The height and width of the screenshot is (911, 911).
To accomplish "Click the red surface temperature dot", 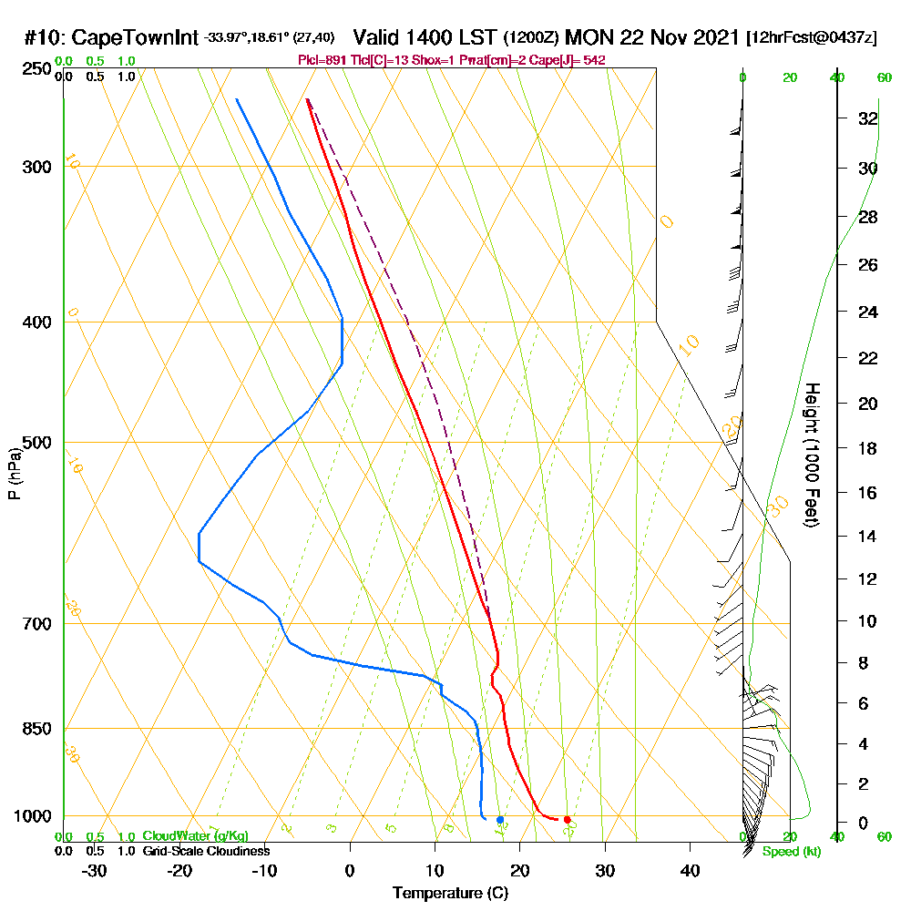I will [x=567, y=820].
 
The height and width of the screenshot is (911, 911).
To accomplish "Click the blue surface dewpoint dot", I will [x=500, y=820].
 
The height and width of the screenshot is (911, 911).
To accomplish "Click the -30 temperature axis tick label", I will [x=95, y=870].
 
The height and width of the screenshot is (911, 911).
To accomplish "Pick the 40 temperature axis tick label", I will [x=690, y=870].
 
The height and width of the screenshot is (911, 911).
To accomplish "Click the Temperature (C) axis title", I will [x=450, y=894].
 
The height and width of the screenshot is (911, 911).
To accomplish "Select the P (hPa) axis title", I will [x=14, y=473].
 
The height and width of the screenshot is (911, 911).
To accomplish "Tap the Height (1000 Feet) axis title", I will [x=812, y=455].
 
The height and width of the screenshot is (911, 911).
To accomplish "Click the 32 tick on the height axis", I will [x=868, y=118].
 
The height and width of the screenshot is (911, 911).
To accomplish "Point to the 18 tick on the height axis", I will [x=868, y=448].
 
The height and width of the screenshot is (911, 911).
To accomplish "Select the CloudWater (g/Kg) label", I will [x=195, y=836].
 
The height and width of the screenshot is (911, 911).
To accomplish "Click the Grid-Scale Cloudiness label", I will [x=205, y=851].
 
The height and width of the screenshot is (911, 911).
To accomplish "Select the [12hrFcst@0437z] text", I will [x=812, y=38].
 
